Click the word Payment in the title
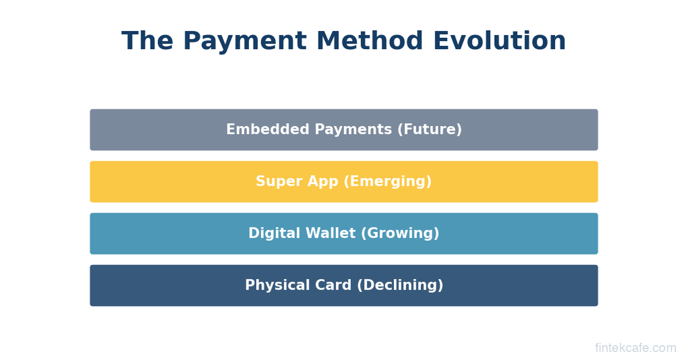[245, 41]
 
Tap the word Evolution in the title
[499, 40]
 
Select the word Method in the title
[370, 40]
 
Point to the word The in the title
[147, 40]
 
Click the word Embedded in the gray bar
[268, 129]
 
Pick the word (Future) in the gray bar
[429, 130]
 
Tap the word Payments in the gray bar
[353, 130]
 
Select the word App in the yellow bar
[323, 182]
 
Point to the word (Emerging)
[388, 181]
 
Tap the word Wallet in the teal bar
[330, 233]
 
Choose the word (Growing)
[400, 233]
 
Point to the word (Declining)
[400, 285]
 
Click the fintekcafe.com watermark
[635, 348]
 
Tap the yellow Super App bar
[343, 182]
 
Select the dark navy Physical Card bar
[343, 285]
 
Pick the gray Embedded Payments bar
[343, 130]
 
